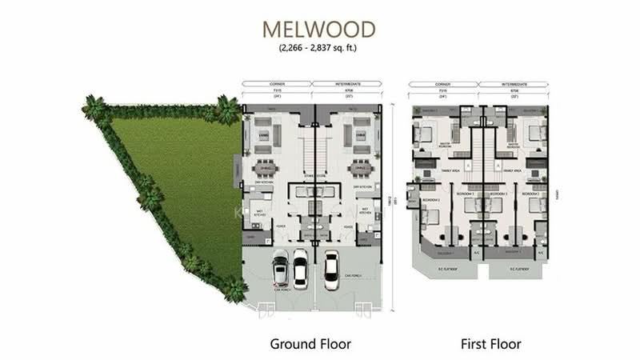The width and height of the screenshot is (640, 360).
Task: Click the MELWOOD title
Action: tap(319, 29)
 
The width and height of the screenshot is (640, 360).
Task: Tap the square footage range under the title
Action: tap(319, 49)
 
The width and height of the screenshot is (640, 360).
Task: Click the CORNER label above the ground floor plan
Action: tap(276, 83)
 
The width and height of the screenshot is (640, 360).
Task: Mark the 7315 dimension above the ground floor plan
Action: tap(276, 90)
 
